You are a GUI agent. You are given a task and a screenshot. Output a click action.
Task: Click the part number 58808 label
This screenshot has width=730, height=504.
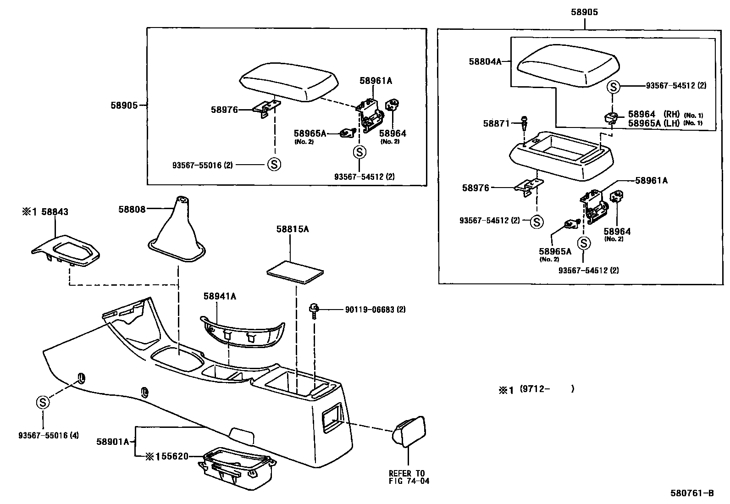click(132, 210)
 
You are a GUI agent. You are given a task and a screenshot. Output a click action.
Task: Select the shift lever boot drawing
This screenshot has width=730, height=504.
click(177, 234)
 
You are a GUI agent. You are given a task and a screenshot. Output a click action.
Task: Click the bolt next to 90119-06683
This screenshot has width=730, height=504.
click(315, 310)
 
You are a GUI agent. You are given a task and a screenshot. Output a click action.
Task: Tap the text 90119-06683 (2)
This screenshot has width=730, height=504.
click(375, 310)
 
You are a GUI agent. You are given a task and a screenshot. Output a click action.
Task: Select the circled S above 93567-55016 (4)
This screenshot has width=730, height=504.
click(43, 403)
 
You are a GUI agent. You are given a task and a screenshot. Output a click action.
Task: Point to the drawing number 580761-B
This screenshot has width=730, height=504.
click(692, 493)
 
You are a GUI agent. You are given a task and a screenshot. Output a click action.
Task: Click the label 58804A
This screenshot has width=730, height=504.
click(485, 61)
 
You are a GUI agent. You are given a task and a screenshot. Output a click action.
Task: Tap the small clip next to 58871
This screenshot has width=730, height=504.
click(525, 123)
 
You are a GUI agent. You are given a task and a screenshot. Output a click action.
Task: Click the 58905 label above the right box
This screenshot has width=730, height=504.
click(584, 12)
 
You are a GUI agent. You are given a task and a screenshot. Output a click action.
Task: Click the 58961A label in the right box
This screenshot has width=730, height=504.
click(651, 181)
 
